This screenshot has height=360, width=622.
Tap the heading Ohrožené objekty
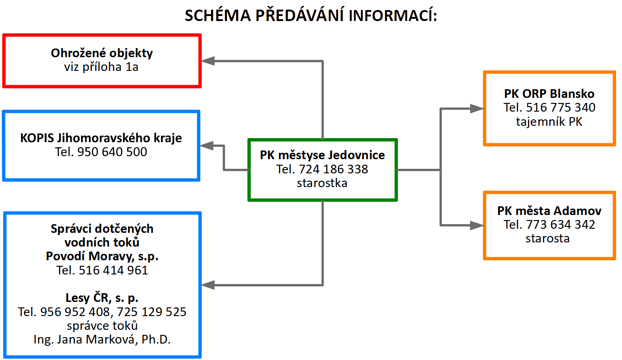pos(102,54)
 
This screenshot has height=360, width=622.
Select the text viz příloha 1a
pos(102,67)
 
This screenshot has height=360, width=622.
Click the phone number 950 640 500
pos(112,152)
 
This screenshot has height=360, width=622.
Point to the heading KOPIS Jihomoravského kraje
pos(101,138)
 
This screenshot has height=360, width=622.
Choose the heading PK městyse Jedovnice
pos(322,155)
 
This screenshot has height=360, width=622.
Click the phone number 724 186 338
pos(333,169)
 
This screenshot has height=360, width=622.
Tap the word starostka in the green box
pos(322,183)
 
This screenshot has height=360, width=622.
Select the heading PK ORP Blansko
pos(549,94)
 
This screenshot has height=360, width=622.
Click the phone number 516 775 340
pos(561,107)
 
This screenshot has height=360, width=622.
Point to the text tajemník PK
pos(549,122)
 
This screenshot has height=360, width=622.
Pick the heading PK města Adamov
pos(549,211)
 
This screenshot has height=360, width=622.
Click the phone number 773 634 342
pos(561,225)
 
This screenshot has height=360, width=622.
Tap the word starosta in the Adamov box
pos(547,239)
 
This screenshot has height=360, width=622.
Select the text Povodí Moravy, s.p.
pos(102,256)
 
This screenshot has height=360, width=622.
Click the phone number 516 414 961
pos(113,270)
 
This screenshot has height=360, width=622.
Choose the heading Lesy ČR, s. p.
pos(102,298)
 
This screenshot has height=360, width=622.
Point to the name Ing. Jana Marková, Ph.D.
pos(102,340)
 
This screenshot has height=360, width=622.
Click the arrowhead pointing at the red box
pos(208,61)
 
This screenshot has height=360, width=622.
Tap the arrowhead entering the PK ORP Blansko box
pos(477,108)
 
